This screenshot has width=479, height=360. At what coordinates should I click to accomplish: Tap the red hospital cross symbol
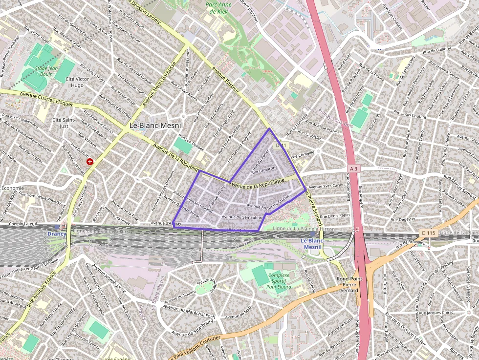click(x=90, y=161)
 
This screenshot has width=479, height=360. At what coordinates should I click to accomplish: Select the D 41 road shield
click(x=282, y=146)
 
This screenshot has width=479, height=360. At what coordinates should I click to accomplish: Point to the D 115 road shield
click(x=427, y=233)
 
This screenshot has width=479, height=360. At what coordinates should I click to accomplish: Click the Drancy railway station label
click(x=57, y=234)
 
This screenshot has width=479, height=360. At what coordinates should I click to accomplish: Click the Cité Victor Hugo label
click(x=77, y=82)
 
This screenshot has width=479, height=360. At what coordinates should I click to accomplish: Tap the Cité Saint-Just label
click(x=63, y=123)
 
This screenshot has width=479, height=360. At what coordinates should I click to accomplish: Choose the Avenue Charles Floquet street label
click(x=46, y=99)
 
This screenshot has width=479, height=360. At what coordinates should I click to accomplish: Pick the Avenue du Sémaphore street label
click(x=243, y=217)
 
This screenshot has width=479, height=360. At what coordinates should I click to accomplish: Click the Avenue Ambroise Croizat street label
click(x=269, y=202)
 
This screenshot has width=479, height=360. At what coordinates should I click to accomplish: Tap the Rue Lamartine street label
click(x=264, y=169)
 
